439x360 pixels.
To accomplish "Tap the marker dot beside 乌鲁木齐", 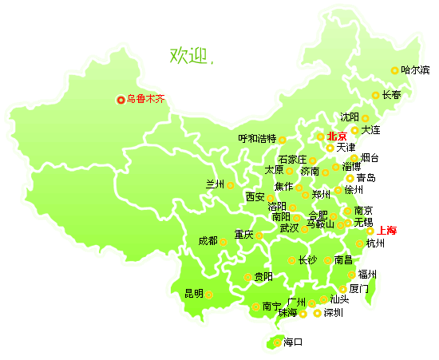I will (x=121, y=100).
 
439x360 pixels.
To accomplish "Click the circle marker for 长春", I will (x=376, y=96).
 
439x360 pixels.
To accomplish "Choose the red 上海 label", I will (x=387, y=230).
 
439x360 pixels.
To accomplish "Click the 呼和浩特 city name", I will (x=257, y=138).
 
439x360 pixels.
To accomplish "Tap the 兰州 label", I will (x=216, y=184).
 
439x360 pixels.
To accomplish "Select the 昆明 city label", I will (x=194, y=293).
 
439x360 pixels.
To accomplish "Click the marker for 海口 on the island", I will (x=277, y=342).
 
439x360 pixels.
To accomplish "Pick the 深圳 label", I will (x=333, y=313).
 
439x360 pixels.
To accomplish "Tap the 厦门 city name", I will (x=359, y=289).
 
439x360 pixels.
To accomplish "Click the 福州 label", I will (x=368, y=274).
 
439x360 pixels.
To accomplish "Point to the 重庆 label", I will (x=243, y=235).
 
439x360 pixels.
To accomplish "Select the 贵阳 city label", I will (x=263, y=277).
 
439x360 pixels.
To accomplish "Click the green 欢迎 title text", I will (x=188, y=55).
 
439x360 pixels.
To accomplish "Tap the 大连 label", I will (x=371, y=129).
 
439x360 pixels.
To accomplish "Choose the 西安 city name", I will (x=255, y=196).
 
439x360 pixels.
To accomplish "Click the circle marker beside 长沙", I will (x=291, y=259).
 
